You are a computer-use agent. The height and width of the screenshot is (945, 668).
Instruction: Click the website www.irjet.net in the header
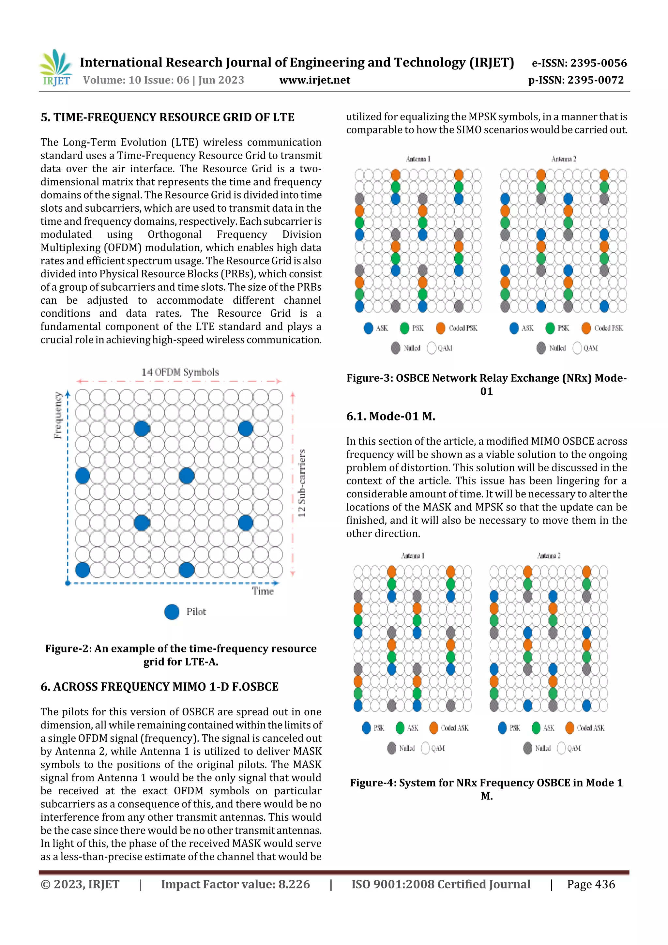pos(314,80)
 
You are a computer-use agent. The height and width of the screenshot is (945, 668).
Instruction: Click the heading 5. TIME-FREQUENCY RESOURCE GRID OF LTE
pos(167,117)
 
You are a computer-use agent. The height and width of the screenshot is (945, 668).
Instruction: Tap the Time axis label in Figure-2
pos(263,591)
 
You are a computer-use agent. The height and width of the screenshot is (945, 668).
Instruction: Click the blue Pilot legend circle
pos(172,612)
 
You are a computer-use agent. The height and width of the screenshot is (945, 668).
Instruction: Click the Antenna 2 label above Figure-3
pos(563,159)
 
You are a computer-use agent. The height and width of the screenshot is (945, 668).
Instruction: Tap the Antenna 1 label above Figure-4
pos(412,556)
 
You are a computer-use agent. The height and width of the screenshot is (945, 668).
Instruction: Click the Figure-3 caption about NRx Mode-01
pos(487,384)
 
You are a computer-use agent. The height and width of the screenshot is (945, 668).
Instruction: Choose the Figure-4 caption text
pos(487,789)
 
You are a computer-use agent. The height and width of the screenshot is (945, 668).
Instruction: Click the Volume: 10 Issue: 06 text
pos(163,80)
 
